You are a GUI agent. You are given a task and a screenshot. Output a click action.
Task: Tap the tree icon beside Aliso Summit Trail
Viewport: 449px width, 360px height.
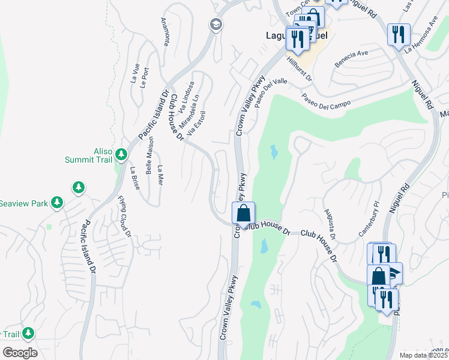coord(121,155)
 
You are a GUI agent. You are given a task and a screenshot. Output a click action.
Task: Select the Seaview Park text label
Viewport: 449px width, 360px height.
coord(23,203)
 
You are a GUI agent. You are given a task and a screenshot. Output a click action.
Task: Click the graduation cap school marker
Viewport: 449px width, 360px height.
coord(214,25)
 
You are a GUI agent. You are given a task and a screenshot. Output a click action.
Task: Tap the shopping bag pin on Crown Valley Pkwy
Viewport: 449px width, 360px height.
coord(244,214)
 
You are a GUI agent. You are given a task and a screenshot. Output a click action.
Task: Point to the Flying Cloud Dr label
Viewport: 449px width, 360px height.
coord(124,216)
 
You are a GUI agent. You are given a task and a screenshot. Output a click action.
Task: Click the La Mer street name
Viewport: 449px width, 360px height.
coord(160,175)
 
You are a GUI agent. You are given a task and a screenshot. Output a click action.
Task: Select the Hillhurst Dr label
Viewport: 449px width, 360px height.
coord(300,69)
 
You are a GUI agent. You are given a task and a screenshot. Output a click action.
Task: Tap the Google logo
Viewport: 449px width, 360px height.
coord(20,352)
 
